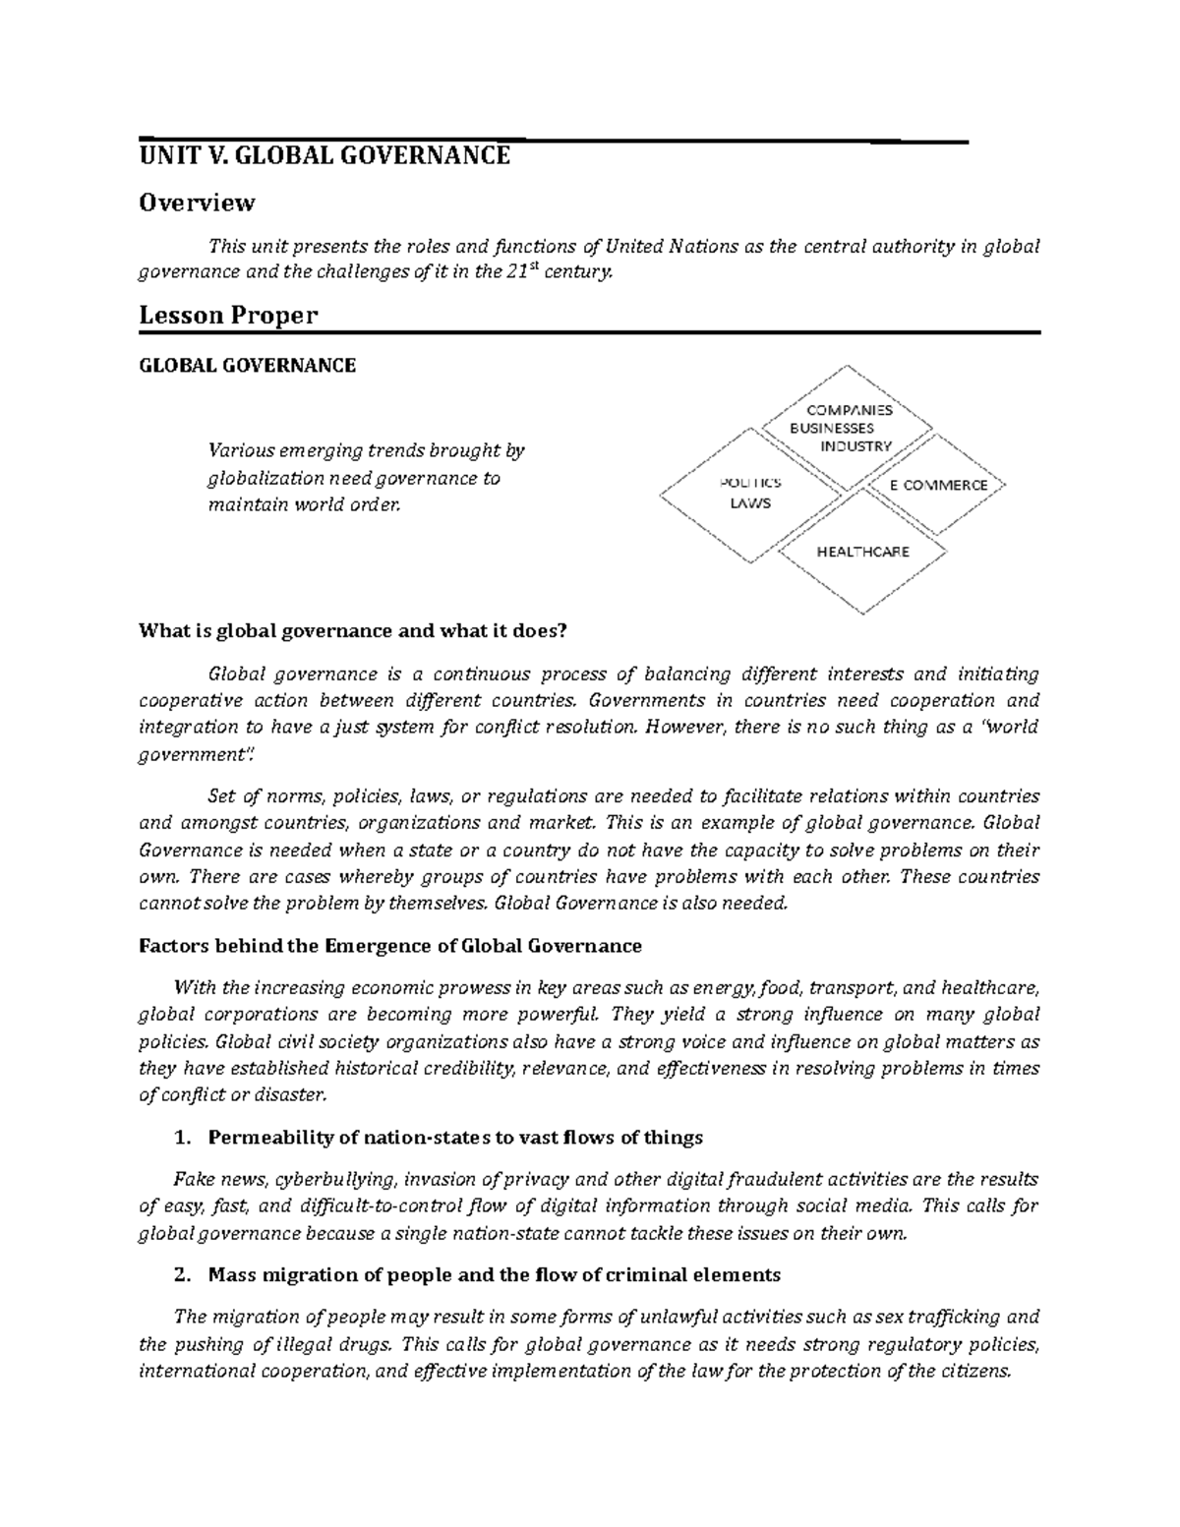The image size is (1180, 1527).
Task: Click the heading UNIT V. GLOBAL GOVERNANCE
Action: (x=324, y=156)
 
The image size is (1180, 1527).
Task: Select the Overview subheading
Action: (x=197, y=203)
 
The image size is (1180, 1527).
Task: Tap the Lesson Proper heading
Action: (x=228, y=316)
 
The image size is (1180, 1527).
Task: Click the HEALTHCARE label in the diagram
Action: (x=862, y=552)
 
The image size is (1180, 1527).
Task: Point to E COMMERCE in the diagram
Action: (x=937, y=485)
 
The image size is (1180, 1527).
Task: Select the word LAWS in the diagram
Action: (x=749, y=503)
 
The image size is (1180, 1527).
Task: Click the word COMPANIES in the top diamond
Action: (x=849, y=410)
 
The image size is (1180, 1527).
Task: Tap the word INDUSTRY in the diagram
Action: (x=855, y=445)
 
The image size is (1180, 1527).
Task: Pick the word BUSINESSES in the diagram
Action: (x=831, y=428)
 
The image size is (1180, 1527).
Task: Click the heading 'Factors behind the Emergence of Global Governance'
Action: (x=389, y=946)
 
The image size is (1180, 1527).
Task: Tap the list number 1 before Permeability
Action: (x=179, y=1139)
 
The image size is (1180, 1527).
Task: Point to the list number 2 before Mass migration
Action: (x=179, y=1275)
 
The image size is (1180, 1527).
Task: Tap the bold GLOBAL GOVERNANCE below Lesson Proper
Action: (x=247, y=366)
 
